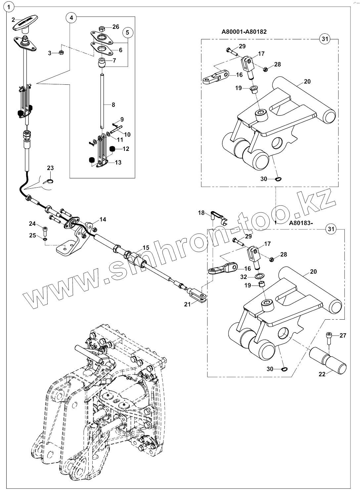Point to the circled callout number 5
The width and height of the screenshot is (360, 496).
[x=128, y=32]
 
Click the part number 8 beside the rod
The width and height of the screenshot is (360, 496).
[x=113, y=105]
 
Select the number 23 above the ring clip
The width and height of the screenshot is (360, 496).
[x=50, y=168]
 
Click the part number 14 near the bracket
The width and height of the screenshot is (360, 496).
[x=103, y=219]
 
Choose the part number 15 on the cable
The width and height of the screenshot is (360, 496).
[x=146, y=248]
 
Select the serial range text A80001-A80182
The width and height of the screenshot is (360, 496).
[x=244, y=32]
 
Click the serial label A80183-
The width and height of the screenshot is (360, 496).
[x=301, y=223]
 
